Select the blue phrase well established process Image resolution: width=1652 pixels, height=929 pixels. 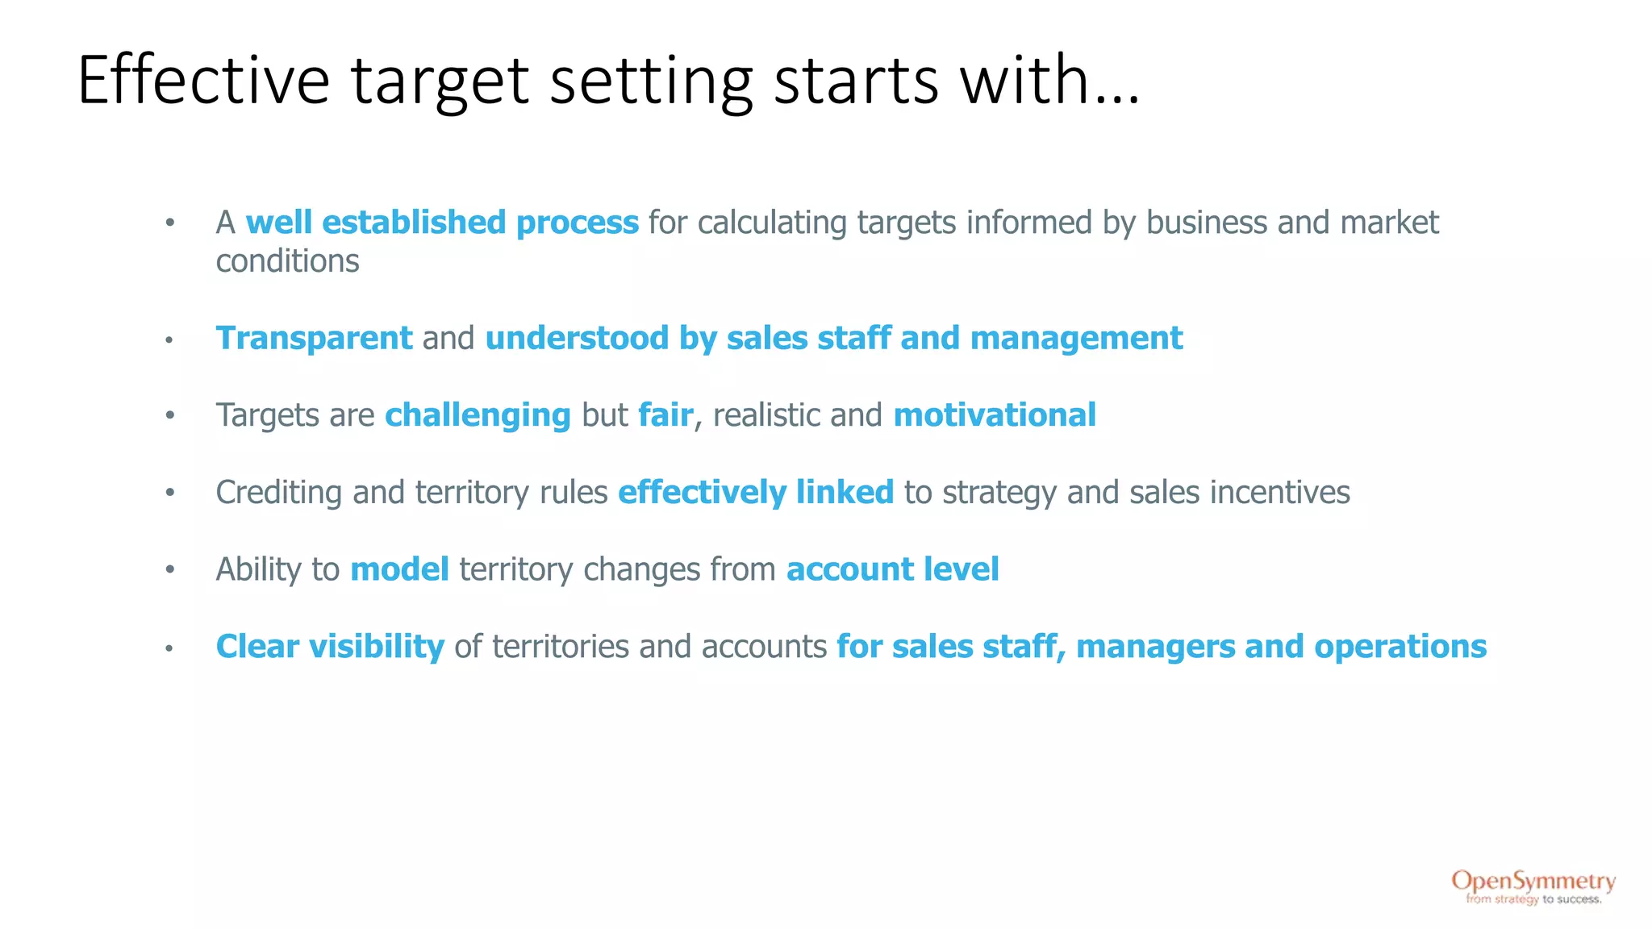click(x=442, y=223)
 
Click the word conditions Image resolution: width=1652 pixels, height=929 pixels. click(x=287, y=261)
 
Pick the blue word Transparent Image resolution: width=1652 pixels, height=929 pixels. click(x=314, y=339)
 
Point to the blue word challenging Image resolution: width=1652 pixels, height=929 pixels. click(x=478, y=415)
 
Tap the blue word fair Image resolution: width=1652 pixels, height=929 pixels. click(x=665, y=415)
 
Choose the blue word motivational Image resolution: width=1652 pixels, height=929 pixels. click(x=995, y=415)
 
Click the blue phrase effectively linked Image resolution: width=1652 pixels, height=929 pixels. click(x=756, y=493)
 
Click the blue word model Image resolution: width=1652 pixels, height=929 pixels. click(x=399, y=569)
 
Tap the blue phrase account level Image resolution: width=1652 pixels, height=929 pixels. click(x=892, y=569)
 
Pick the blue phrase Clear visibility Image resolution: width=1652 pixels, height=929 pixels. click(x=330, y=647)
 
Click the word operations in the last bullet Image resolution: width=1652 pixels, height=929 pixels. click(x=1400, y=647)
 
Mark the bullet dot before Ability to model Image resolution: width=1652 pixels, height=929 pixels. click(x=169, y=570)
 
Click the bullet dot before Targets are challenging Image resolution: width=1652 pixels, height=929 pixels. click(x=169, y=416)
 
